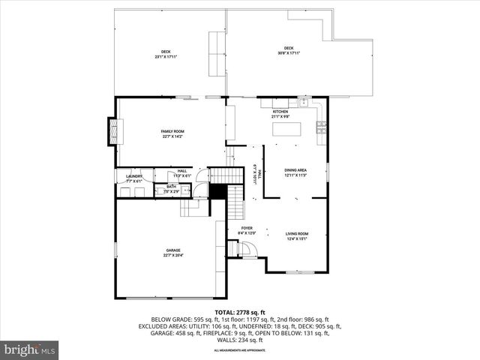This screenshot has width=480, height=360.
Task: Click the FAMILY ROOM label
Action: coord(173,131)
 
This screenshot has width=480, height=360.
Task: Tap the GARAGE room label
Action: coord(173,250)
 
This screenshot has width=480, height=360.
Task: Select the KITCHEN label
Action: coord(280,112)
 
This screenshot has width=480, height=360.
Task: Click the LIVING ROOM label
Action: coord(297,234)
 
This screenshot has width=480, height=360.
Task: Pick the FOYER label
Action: coord(247,228)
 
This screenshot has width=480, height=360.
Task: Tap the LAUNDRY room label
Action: coord(124,176)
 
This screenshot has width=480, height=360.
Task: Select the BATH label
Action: coord(172,187)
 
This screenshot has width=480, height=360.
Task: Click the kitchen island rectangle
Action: coord(287,129)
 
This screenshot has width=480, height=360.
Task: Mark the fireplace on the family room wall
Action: coord(114,131)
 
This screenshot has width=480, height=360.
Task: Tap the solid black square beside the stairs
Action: coord(217,191)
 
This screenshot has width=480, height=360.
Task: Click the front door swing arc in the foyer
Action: coord(250,249)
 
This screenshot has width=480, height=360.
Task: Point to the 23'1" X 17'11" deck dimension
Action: coord(165,57)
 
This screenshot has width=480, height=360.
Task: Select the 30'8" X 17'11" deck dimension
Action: coord(289,53)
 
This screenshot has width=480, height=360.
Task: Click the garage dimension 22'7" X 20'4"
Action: coord(173,256)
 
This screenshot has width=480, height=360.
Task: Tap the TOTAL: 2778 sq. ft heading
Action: coord(240,312)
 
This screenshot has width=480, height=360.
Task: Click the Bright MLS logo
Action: coord(30,349)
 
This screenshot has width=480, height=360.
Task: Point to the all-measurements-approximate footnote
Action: coord(240,350)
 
